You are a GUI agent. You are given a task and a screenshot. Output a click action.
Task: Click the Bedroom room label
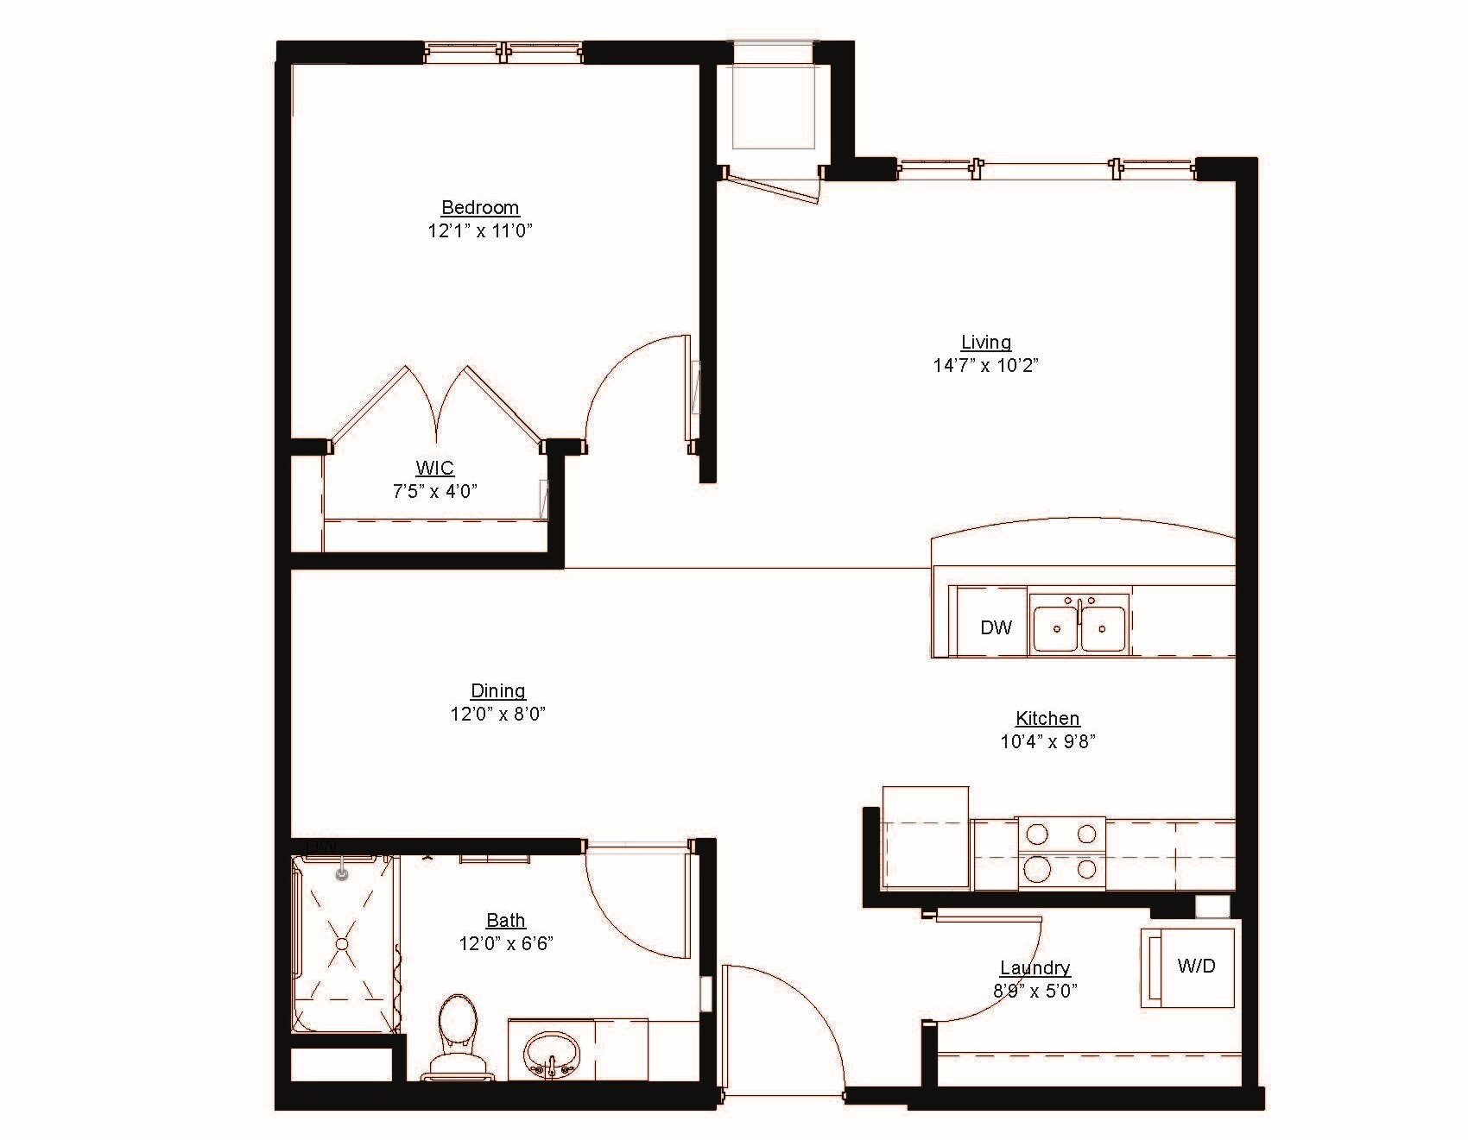point(480,207)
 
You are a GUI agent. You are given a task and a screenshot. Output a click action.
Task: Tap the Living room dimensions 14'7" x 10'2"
point(985,365)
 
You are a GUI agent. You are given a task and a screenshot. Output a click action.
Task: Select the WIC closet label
point(434,469)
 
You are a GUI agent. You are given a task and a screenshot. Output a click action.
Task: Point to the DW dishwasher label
point(996,627)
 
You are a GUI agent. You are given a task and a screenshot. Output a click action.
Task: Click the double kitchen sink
point(1080,627)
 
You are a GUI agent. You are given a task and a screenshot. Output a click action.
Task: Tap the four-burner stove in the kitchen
point(1062,853)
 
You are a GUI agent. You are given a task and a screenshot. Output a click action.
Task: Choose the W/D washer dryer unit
point(1196,966)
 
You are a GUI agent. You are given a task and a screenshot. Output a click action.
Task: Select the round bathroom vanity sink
point(551,1053)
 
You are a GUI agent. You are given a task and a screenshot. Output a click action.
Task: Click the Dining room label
point(497,690)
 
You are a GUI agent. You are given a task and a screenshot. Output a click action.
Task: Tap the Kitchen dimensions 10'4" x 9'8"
point(1047,741)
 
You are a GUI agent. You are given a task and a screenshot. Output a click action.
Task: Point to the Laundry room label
point(1035,967)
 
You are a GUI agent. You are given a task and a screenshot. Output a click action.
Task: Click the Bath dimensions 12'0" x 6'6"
point(506,943)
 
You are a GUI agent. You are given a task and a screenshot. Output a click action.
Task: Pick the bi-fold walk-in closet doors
point(438,406)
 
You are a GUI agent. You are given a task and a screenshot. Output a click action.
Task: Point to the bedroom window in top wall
point(503,54)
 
